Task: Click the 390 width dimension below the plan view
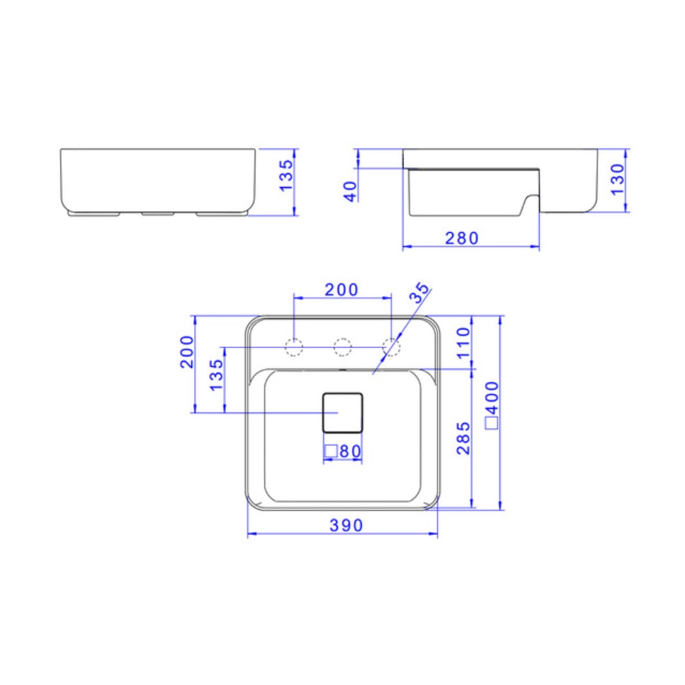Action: pos(345,525)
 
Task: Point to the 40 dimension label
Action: pos(350,191)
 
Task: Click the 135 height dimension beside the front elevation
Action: pos(286,175)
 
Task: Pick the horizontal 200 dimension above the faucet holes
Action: pos(341,290)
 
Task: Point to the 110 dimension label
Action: pos(463,342)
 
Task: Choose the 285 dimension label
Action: pos(463,439)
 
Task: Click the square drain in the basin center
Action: pos(342,412)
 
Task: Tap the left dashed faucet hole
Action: pos(294,347)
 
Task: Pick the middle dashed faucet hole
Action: pos(342,347)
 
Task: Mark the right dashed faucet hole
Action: pos(391,347)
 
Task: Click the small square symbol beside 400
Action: pos(491,423)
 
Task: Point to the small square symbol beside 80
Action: pos(329,451)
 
